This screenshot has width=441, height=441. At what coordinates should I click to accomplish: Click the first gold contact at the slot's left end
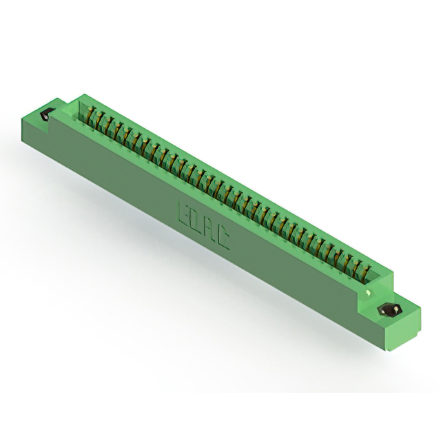(92, 116)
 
